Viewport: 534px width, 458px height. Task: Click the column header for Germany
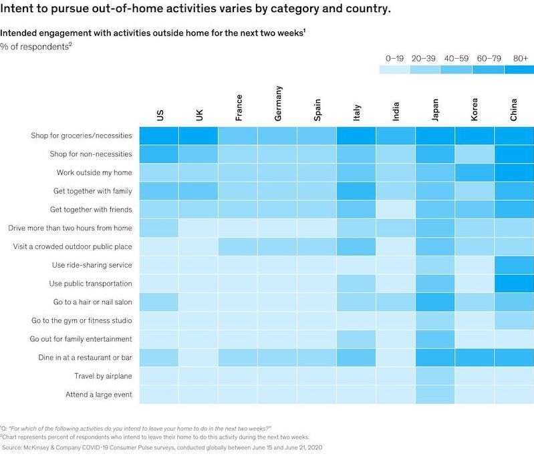pos(279,103)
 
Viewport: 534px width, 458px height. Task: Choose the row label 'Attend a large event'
pos(99,395)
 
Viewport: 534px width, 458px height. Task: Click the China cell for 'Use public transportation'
pos(514,283)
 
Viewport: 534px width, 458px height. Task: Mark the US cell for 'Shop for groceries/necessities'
pos(159,136)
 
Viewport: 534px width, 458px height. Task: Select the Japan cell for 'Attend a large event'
pos(435,395)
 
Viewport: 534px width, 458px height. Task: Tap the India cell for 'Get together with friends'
pos(396,210)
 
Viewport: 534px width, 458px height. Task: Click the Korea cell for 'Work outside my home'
pos(475,172)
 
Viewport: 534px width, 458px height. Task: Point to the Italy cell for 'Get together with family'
pos(356,191)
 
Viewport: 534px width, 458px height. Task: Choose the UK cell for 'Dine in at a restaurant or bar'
pos(198,358)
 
